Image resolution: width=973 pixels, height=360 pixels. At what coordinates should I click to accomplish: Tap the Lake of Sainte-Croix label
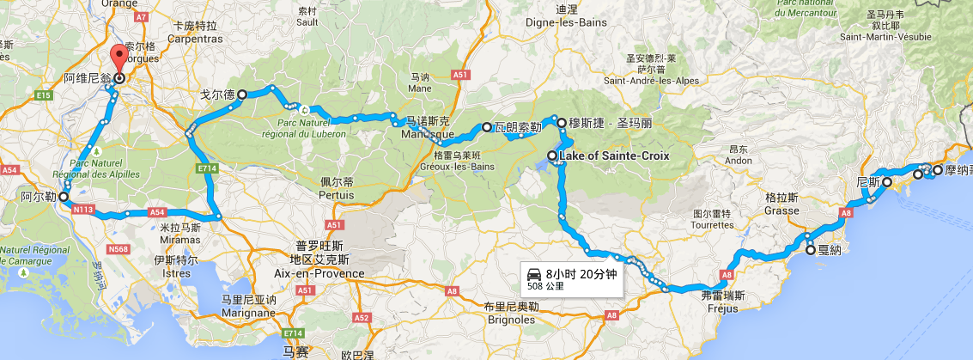coord(613,156)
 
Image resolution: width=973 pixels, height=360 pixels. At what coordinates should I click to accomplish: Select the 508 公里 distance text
coord(547,287)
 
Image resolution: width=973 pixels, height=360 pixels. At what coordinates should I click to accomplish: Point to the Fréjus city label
coord(719,308)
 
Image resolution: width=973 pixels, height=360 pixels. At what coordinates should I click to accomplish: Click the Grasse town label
coord(781,211)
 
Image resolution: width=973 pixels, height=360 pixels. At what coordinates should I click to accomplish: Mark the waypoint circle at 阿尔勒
coord(64,197)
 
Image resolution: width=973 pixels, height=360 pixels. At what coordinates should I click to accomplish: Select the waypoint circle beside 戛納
coord(810,251)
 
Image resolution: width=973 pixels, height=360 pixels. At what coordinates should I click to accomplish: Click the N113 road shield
coord(83,209)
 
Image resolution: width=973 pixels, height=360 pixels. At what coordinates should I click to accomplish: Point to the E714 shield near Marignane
coord(292,333)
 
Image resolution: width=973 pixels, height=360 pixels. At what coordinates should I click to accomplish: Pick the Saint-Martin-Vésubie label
coord(885,37)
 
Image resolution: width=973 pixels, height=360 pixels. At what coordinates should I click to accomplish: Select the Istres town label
coord(175,273)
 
